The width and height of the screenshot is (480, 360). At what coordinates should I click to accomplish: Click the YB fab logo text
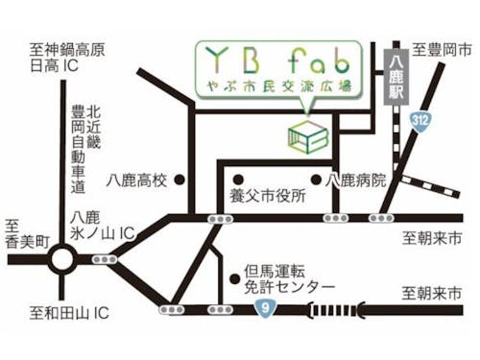point(271,60)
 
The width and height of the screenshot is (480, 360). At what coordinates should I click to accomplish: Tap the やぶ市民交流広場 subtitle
point(271,88)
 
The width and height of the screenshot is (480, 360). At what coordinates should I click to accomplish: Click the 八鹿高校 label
point(138,180)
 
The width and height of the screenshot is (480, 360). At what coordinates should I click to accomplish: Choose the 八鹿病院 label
point(356,180)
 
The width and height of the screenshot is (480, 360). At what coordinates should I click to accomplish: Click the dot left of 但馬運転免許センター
point(233,279)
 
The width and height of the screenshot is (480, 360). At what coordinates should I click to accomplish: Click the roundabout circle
point(64,258)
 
